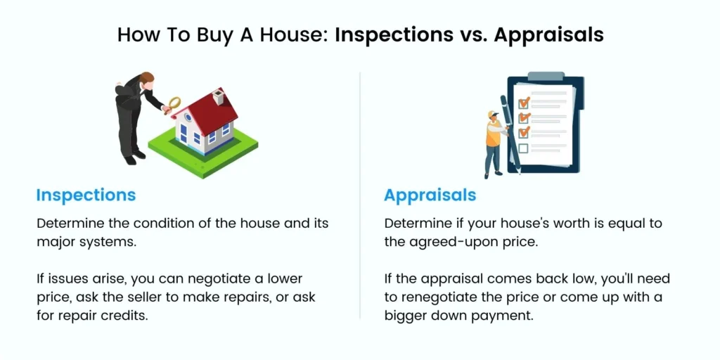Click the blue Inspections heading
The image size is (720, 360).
[86, 195]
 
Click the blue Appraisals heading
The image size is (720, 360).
[430, 196]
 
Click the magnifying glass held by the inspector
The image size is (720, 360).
[174, 104]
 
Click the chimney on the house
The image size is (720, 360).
[218, 98]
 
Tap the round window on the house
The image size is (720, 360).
[187, 117]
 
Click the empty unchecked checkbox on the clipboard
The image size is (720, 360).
[523, 148]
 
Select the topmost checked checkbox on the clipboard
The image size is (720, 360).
[524, 102]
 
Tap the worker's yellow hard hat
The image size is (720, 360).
[493, 113]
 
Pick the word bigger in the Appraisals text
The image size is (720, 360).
[406, 316]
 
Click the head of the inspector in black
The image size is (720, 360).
[146, 80]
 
